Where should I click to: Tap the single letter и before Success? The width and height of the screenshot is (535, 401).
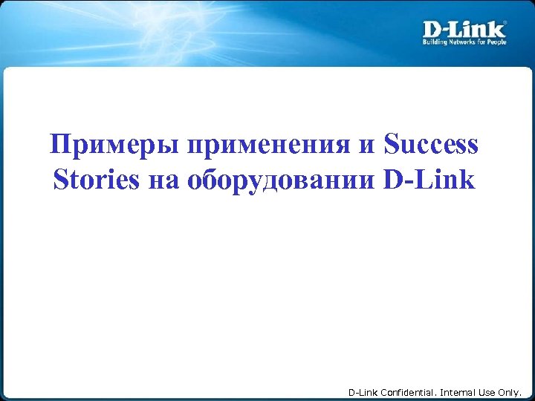click(367, 145)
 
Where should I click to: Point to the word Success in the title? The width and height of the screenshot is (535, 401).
click(432, 145)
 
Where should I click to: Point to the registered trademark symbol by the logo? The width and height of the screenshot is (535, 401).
click(505, 23)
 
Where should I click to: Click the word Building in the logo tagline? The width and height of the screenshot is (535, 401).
click(435, 42)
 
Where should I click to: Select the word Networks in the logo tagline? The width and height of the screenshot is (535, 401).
click(464, 42)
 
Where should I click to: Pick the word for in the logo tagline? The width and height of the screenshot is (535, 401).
click(484, 42)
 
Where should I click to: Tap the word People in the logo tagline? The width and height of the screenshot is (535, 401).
click(498, 42)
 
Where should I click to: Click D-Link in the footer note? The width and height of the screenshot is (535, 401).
click(363, 391)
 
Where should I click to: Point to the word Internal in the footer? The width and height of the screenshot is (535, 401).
click(461, 391)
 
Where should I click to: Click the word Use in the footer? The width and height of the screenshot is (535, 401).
click(491, 391)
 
